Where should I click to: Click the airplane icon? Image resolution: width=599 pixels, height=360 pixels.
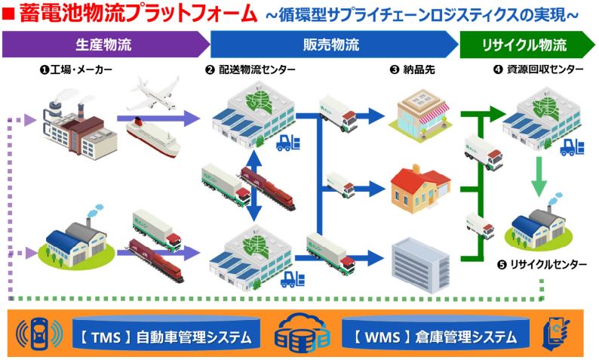(155, 93)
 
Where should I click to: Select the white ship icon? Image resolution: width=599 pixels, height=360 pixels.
(153, 138)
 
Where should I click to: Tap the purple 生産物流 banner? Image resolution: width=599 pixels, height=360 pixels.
(105, 45)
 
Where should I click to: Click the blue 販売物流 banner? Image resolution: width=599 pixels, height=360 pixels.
(333, 45)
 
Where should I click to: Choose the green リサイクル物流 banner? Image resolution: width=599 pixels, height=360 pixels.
(527, 45)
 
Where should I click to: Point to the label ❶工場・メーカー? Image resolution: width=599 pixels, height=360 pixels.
(76, 69)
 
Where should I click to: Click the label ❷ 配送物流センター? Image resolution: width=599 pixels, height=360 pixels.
(250, 69)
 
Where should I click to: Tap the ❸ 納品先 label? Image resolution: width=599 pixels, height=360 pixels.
(413, 69)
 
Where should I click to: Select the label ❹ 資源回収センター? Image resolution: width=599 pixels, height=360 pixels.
(539, 69)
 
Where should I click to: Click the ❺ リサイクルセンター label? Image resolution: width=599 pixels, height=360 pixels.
(542, 264)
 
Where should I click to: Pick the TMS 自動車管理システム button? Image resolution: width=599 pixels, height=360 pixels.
(166, 337)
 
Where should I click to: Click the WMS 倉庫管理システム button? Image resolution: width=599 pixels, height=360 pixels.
(435, 337)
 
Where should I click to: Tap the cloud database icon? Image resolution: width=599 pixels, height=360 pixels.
(302, 333)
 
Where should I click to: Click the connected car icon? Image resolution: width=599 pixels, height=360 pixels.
(39, 334)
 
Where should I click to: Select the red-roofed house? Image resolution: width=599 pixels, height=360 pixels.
(420, 189)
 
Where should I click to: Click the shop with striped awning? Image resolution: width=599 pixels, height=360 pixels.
(419, 115)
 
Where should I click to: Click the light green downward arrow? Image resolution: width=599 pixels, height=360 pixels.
(539, 177)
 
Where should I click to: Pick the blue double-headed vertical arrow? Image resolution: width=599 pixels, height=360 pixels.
(254, 186)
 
